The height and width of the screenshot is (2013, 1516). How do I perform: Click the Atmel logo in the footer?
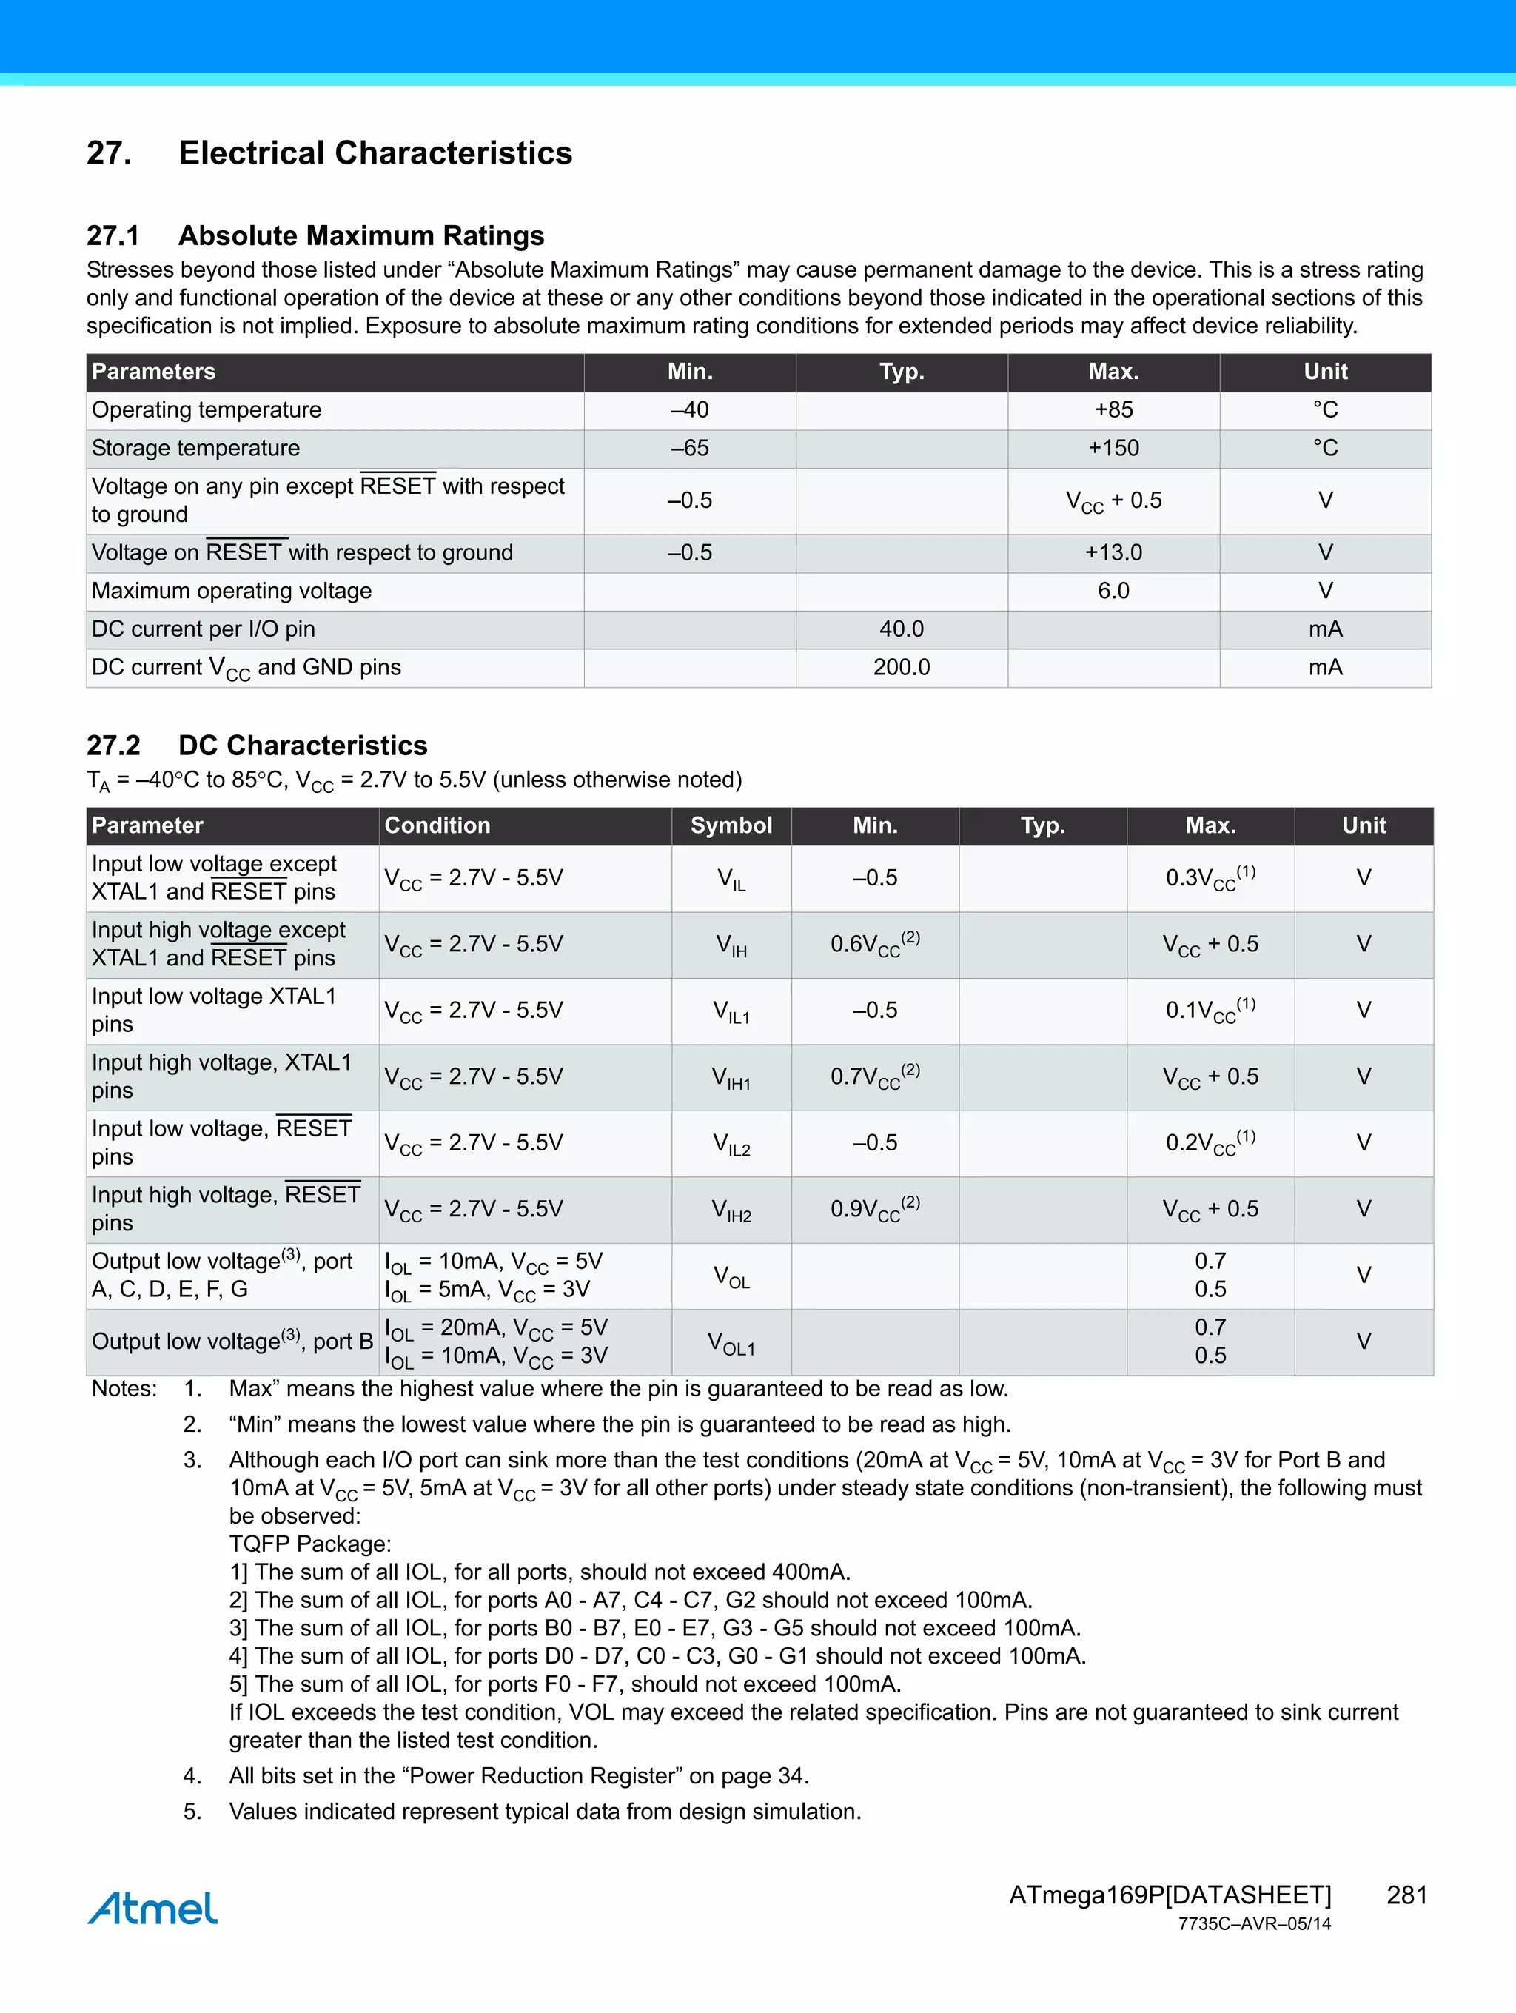152,1909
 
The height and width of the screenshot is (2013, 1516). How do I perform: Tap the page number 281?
1406,1895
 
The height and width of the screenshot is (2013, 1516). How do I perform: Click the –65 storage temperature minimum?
690,448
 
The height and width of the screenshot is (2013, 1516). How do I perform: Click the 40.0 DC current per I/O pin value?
901,629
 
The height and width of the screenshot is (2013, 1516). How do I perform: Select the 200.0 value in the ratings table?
901,667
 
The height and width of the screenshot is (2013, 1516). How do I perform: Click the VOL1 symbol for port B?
731,1342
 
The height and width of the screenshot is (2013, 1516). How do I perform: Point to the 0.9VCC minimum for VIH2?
874,1208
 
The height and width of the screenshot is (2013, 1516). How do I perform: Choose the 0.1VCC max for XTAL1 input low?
1210,1010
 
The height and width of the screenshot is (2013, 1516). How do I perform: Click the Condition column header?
437,825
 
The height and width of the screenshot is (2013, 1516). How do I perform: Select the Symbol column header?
731,825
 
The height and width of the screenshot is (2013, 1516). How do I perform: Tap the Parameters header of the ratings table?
153,372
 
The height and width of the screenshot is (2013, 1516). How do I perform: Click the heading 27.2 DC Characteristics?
257,746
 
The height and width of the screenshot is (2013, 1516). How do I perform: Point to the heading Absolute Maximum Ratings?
360,235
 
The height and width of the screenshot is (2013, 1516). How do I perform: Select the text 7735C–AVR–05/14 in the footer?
1254,1924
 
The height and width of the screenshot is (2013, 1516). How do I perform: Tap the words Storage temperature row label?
195,448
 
